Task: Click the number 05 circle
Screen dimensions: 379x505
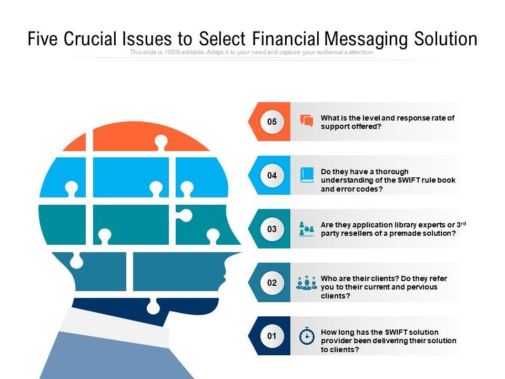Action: [x=272, y=122]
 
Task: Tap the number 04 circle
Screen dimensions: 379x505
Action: [x=272, y=176]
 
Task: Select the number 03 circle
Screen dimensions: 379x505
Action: [x=272, y=229]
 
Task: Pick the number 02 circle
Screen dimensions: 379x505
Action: [x=272, y=283]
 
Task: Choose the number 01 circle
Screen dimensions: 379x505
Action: [x=272, y=336]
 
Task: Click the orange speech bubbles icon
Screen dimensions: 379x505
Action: [x=306, y=121]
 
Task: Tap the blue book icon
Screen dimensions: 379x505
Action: [x=307, y=175]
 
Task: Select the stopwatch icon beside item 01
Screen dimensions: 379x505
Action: [x=307, y=336]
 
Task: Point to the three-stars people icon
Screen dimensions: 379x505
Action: [x=307, y=282]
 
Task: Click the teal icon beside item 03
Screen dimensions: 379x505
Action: [x=307, y=229]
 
